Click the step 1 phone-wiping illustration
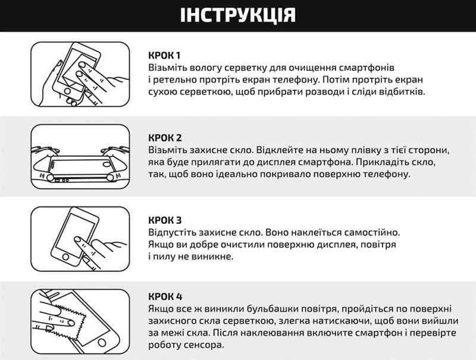coord(80,74)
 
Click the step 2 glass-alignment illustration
coord(80,157)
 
